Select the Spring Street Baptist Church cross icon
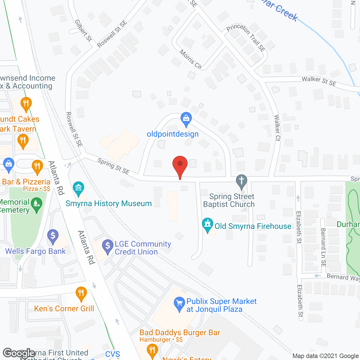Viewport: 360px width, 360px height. click(x=241, y=181)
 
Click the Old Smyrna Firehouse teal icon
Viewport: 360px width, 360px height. click(x=208, y=225)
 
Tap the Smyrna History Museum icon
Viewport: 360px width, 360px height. click(x=78, y=188)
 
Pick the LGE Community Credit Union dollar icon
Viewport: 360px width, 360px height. click(x=107, y=246)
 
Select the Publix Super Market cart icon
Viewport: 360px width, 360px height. click(x=179, y=304)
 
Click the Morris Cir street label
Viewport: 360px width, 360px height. click(x=191, y=60)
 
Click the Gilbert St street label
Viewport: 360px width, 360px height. click(x=83, y=30)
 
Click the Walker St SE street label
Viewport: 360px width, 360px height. click(x=319, y=81)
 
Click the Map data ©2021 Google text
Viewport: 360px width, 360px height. click(x=325, y=356)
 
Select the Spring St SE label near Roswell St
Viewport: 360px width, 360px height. click(x=113, y=166)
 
